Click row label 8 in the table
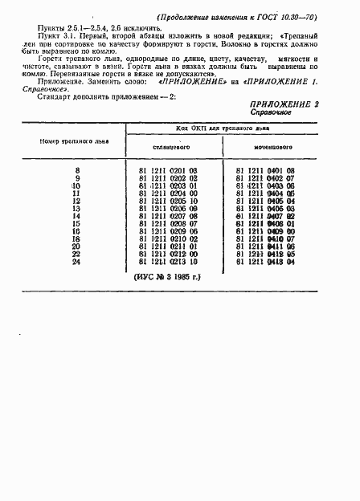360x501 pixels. click(x=77, y=171)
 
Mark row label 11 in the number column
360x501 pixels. click(x=77, y=193)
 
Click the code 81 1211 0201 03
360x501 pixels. click(x=169, y=171)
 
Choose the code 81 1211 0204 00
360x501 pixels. click(x=169, y=193)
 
